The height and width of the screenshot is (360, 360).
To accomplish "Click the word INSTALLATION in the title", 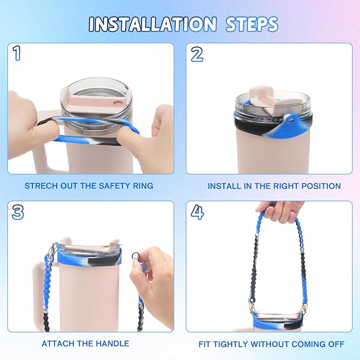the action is [x=153, y=24].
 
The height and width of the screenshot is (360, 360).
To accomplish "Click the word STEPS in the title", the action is [x=252, y=24].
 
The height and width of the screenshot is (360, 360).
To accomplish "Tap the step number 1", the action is [x=17, y=53].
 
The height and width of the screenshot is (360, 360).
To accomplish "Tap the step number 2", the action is [x=197, y=55].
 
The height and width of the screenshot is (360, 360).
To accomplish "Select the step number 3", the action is [x=18, y=212].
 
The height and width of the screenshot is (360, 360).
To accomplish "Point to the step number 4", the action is [x=197, y=212].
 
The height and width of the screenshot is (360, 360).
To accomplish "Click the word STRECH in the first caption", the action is [x=41, y=186].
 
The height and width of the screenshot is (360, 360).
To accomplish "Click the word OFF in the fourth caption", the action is [x=336, y=344].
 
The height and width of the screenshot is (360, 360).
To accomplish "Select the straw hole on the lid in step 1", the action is [x=118, y=102].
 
